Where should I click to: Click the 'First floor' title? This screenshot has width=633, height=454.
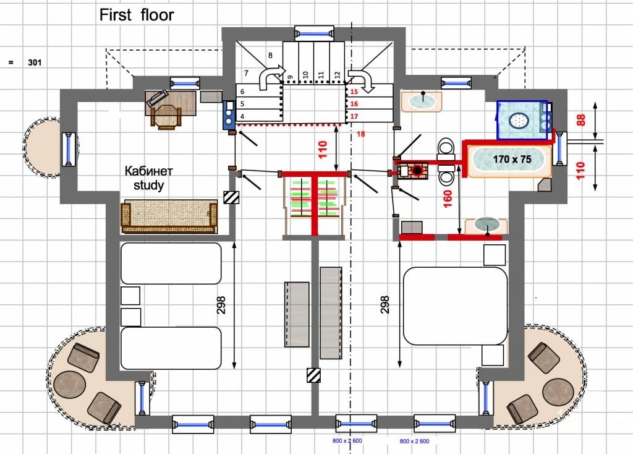(137, 15)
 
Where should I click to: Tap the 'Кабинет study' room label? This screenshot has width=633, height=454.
(148, 178)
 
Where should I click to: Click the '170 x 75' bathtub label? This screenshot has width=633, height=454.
(512, 159)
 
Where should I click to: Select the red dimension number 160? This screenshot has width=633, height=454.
(448, 199)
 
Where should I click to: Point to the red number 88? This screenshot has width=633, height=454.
(580, 120)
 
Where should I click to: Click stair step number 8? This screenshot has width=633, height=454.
(270, 55)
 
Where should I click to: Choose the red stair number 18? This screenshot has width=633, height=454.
(361, 134)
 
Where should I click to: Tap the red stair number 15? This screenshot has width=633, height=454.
(354, 92)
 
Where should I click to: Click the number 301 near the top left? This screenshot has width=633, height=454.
(35, 62)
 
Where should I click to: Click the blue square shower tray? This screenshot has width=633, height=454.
(522, 120)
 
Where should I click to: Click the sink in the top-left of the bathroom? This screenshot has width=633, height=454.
(422, 101)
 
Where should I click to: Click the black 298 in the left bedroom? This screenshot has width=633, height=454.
(221, 305)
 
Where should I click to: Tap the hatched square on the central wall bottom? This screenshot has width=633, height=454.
(313, 375)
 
